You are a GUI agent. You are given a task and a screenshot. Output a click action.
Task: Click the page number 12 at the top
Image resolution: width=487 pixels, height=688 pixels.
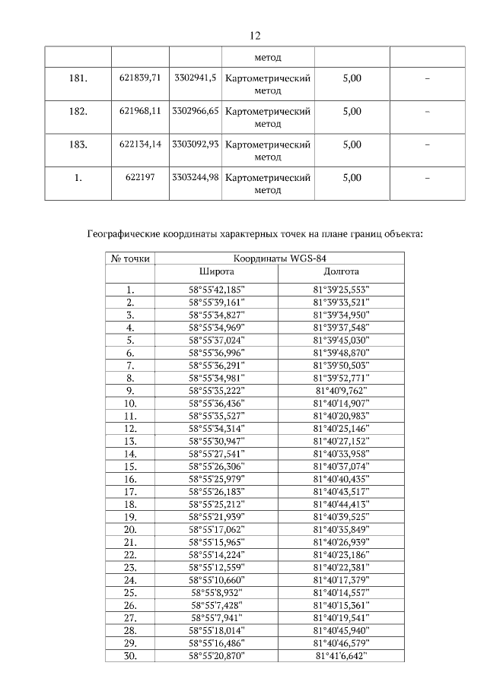pyautogui.click(x=255, y=35)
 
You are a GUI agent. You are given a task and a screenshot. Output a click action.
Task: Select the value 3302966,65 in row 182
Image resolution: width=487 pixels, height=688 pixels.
pyautogui.click(x=196, y=111)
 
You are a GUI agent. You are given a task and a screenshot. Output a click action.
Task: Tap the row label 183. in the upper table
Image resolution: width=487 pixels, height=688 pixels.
pyautogui.click(x=78, y=144)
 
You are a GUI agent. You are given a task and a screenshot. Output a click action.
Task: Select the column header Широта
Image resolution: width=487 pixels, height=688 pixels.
pyautogui.click(x=217, y=271)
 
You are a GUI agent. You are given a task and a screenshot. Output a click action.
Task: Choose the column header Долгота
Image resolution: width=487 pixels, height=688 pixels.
pyautogui.click(x=340, y=271)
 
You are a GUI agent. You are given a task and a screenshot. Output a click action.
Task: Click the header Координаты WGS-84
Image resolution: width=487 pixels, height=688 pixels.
pyautogui.click(x=278, y=258)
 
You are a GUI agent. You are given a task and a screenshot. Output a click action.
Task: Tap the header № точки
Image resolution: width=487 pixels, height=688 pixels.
pyautogui.click(x=130, y=258)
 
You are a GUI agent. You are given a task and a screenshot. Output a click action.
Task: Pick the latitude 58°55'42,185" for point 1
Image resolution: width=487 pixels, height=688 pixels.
pyautogui.click(x=217, y=289)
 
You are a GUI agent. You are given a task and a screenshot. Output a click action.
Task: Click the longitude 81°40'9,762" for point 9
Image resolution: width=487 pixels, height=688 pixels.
pyautogui.click(x=340, y=391)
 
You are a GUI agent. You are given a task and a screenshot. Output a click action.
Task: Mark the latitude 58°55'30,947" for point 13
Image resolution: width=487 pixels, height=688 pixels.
pyautogui.click(x=217, y=441)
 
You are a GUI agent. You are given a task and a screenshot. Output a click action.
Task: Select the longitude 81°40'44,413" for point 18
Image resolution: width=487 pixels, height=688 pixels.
pyautogui.click(x=340, y=504)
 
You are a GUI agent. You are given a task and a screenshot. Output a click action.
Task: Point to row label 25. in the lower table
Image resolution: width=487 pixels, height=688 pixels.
pyautogui.click(x=130, y=592)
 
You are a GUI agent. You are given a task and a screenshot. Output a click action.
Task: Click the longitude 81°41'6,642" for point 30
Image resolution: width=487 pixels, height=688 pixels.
pyautogui.click(x=340, y=655)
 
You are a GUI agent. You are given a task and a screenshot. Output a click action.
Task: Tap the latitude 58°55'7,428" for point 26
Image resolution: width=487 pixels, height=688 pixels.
pyautogui.click(x=217, y=605)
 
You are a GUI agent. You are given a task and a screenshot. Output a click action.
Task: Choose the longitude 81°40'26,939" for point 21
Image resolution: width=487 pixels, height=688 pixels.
pyautogui.click(x=340, y=542)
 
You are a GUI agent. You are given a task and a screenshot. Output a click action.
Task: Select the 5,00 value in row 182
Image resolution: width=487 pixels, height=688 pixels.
pyautogui.click(x=352, y=111)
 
